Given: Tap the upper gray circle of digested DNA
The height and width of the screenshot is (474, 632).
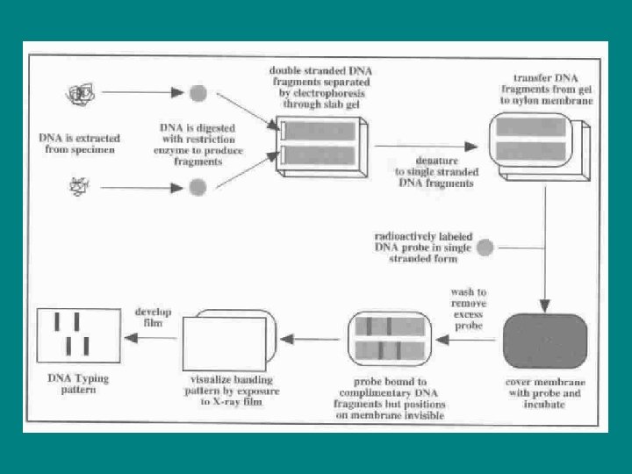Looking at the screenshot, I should pyautogui.click(x=198, y=93).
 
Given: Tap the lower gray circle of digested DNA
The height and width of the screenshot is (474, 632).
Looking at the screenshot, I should pyautogui.click(x=198, y=186).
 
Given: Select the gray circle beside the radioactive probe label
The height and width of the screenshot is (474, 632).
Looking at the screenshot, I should pyautogui.click(x=485, y=248).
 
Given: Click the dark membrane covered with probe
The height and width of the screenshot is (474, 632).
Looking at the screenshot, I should pyautogui.click(x=544, y=341).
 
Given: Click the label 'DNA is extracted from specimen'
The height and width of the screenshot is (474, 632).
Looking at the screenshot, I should pyautogui.click(x=80, y=143).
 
